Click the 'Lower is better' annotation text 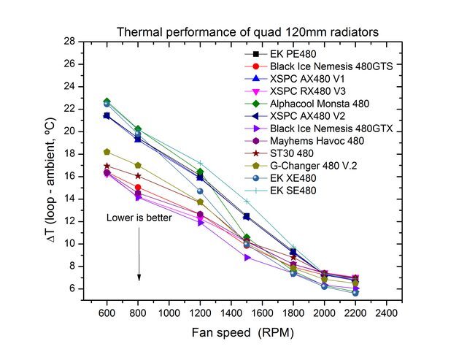tap(139, 218)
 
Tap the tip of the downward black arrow tap(139, 280)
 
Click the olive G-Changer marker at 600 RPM tap(107, 152)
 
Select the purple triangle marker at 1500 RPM tap(247, 257)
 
